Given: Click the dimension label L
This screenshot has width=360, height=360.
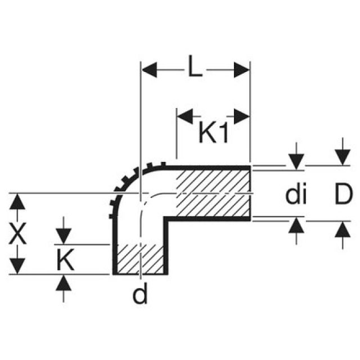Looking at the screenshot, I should click(x=195, y=69).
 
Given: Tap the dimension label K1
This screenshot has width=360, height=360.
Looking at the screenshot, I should click(x=214, y=134).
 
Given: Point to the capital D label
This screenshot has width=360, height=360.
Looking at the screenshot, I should click(x=340, y=194).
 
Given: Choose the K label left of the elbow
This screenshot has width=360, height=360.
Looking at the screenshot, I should click(x=65, y=260).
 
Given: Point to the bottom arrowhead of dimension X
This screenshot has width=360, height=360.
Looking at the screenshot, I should click(x=19, y=265).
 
